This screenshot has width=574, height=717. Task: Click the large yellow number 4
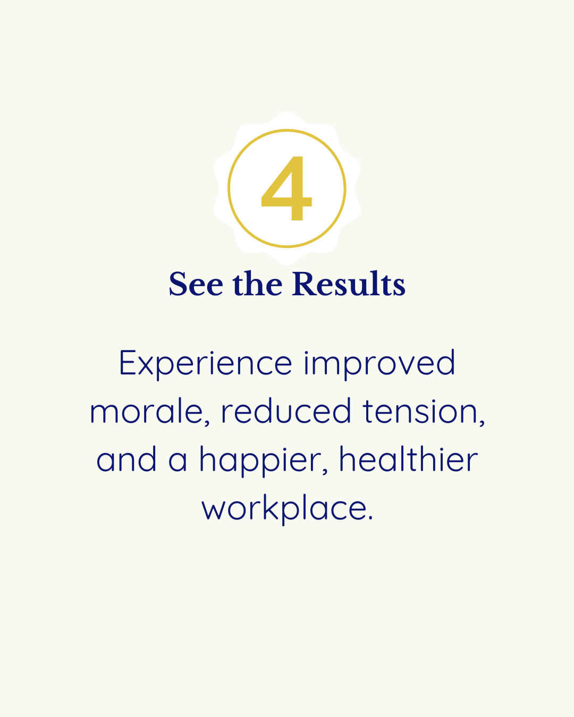[286, 189]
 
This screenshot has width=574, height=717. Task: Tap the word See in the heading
[196, 284]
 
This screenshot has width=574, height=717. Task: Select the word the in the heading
[257, 284]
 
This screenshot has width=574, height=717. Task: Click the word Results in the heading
[349, 284]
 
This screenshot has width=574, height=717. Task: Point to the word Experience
[205, 364]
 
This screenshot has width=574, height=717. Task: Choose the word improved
[379, 364]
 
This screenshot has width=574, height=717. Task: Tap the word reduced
[286, 412]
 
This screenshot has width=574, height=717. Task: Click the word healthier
[408, 460]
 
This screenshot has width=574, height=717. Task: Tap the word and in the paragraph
[126, 460]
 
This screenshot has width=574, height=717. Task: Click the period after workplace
[370, 519]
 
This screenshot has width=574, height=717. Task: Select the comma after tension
[482, 423]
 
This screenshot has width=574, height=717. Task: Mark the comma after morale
[207, 423]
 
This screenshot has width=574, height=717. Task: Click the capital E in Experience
[128, 363]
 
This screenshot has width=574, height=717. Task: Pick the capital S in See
[179, 284]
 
